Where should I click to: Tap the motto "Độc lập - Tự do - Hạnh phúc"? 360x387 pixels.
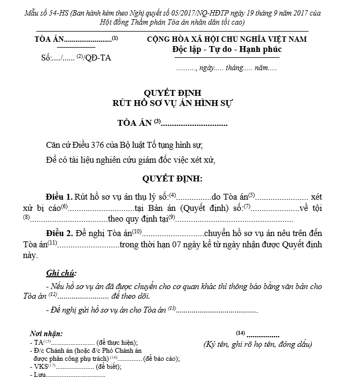click(x=227, y=49)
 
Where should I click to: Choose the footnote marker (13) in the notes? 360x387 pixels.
click(x=172, y=308)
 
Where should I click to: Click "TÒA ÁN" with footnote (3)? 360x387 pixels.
click(x=135, y=124)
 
